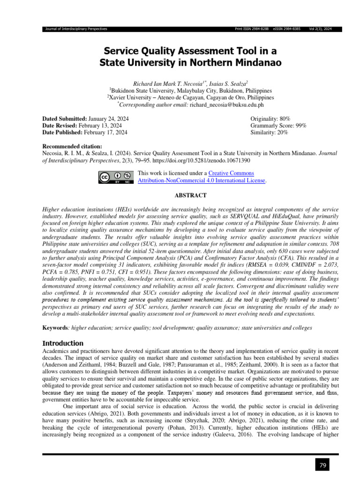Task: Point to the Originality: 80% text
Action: (270, 119)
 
